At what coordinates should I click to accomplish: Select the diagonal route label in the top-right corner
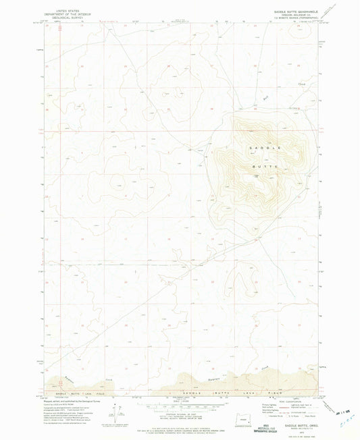(330, 10)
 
